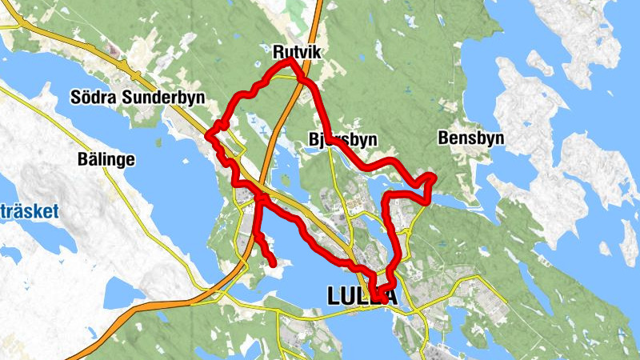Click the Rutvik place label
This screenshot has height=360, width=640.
click(296, 53)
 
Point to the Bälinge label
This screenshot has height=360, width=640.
click(106, 158)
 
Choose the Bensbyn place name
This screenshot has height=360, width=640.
click(471, 138)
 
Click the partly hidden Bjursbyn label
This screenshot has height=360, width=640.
click(342, 139)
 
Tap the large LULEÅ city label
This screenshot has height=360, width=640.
click(362, 297)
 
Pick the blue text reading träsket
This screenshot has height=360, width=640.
click(31, 212)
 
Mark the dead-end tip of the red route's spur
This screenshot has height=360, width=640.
click(274, 262)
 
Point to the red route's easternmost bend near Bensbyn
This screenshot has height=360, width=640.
click(433, 177)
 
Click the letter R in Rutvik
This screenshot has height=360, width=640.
click(278, 53)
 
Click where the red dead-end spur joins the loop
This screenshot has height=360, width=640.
click(259, 197)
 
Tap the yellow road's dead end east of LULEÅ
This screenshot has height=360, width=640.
click(506, 306)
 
